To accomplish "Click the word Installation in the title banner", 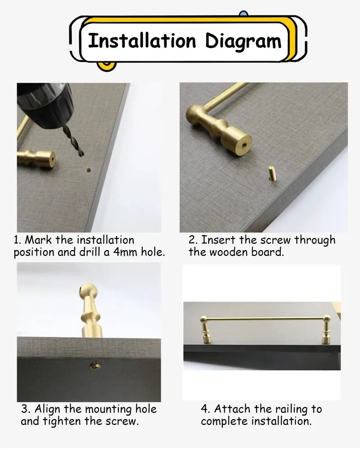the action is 142,40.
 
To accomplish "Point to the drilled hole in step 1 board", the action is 89,170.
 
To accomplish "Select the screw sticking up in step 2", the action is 272,174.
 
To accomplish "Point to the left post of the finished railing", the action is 206,330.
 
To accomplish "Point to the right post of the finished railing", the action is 327,329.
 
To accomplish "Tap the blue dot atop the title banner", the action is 243,13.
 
